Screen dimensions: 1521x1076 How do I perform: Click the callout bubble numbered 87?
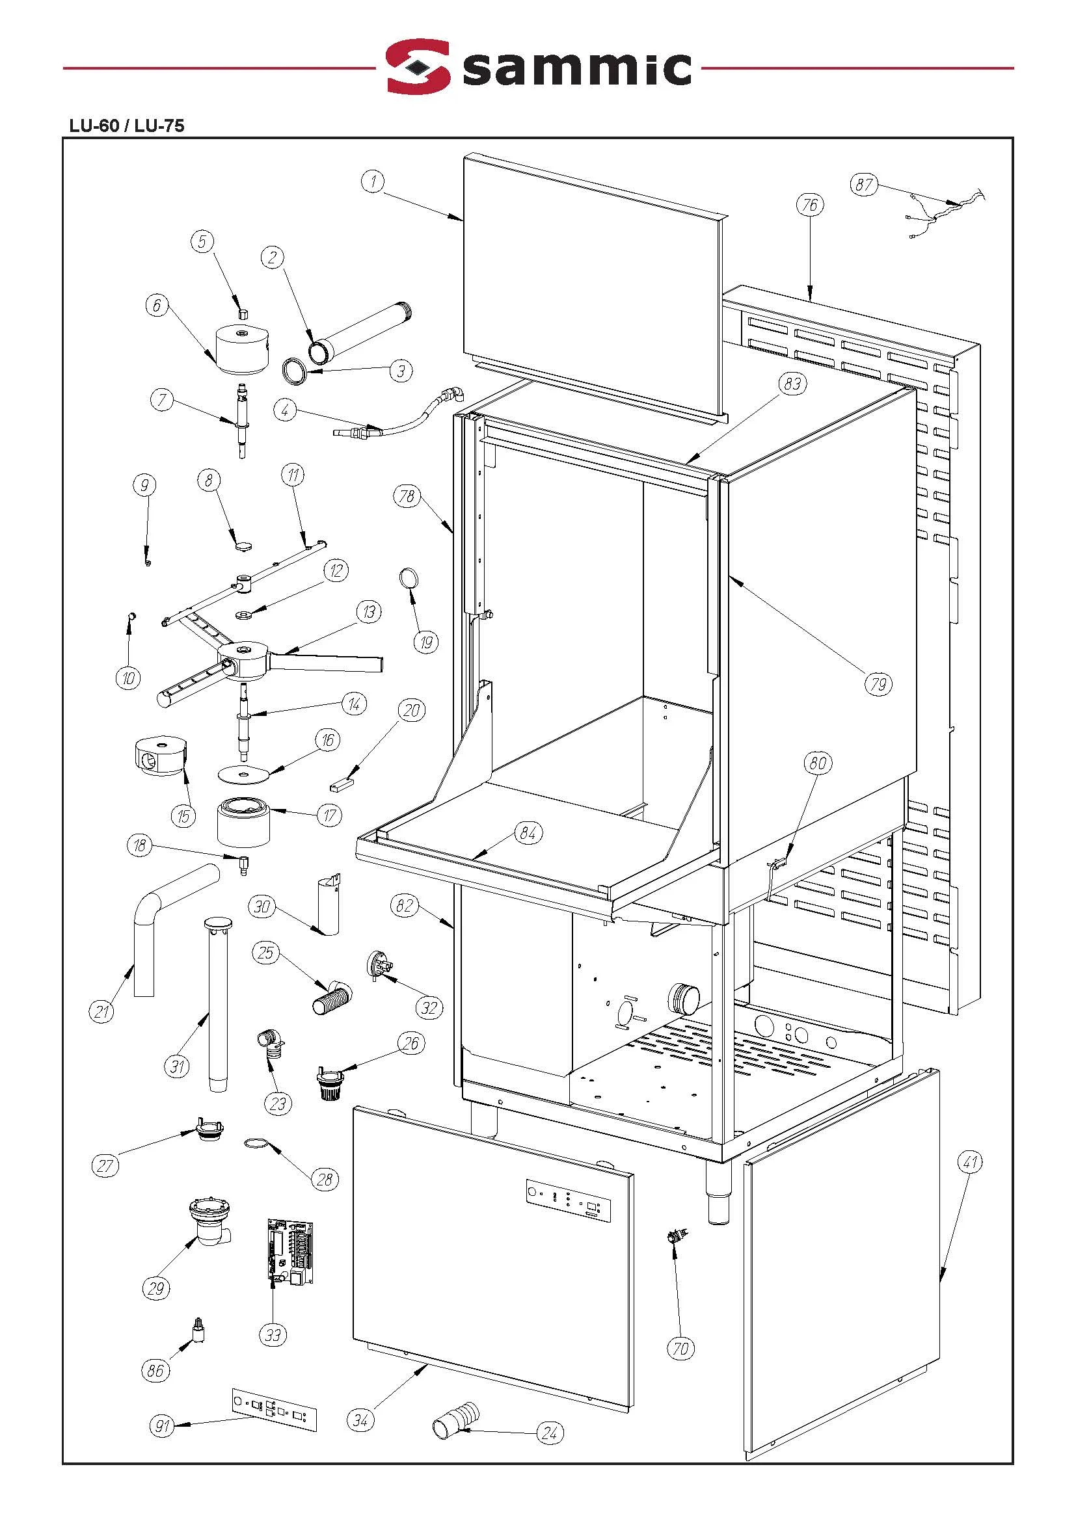(864, 184)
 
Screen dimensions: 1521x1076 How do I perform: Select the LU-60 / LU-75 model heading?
(127, 126)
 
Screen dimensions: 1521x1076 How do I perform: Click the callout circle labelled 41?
(970, 1162)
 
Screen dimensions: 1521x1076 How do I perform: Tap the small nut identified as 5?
(243, 312)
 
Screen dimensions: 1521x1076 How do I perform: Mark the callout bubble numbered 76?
(810, 205)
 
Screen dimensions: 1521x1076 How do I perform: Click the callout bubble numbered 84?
(528, 833)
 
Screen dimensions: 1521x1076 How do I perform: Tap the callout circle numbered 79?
(878, 683)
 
